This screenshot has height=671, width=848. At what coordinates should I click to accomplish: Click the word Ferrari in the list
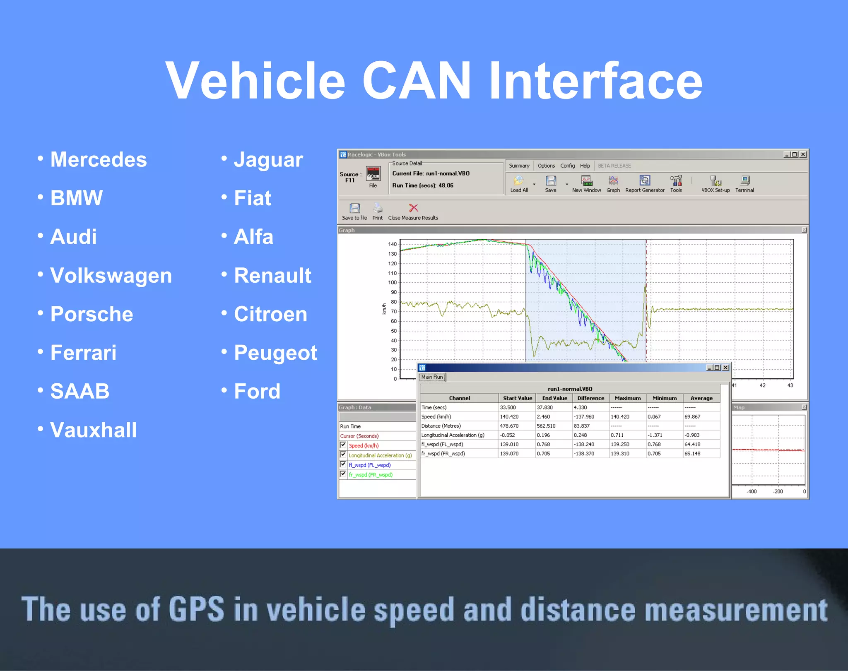pyautogui.click(x=83, y=353)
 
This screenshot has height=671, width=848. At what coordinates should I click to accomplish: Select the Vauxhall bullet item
pyautogui.click(x=93, y=430)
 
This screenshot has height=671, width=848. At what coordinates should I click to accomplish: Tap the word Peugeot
pyautogui.click(x=275, y=353)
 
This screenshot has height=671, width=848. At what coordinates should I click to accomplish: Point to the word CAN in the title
pyautogui.click(x=416, y=81)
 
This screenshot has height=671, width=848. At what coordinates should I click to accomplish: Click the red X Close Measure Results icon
pyautogui.click(x=413, y=208)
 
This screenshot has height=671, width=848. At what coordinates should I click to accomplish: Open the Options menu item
pyautogui.click(x=546, y=166)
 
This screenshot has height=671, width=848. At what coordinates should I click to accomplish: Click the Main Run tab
pyautogui.click(x=432, y=377)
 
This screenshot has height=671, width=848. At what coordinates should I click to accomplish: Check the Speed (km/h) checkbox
pyautogui.click(x=343, y=445)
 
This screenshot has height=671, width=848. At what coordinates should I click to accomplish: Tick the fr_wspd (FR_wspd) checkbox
pyautogui.click(x=343, y=474)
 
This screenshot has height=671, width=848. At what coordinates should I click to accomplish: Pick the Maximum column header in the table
pyautogui.click(x=627, y=398)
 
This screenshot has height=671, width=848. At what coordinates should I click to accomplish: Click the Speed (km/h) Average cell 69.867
pyautogui.click(x=692, y=417)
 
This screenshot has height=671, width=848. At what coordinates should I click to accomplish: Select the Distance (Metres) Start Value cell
pyautogui.click(x=509, y=426)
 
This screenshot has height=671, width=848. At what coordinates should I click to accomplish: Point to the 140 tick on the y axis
pyautogui.click(x=392, y=244)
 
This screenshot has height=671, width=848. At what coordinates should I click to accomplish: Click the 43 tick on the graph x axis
pyautogui.click(x=790, y=385)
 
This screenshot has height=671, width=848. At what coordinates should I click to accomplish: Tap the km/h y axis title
pyautogui.click(x=384, y=309)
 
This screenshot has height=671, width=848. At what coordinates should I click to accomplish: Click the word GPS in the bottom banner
pyautogui.click(x=196, y=609)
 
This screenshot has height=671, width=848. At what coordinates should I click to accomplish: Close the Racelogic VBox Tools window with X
pyautogui.click(x=803, y=154)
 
